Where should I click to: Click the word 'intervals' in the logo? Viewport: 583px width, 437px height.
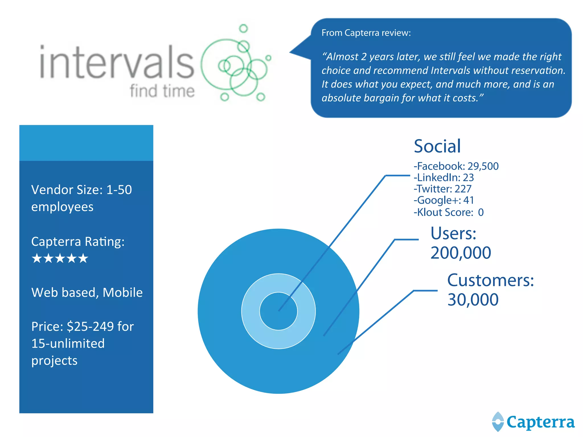click(117, 62)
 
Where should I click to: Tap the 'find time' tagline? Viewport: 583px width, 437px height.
click(162, 91)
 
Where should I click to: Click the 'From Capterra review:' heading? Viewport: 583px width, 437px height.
click(366, 33)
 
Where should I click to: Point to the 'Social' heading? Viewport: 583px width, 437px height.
click(437, 146)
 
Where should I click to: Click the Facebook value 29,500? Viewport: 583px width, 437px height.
click(483, 166)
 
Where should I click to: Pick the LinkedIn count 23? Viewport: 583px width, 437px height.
click(468, 178)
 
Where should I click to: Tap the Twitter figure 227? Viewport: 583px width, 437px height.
click(463, 189)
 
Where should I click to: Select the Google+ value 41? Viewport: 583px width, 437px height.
click(468, 200)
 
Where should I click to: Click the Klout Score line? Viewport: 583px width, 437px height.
click(448, 212)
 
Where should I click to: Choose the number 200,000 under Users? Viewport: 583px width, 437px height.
click(461, 253)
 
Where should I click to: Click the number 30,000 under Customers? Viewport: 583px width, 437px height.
click(473, 300)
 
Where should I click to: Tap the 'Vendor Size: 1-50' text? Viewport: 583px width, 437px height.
click(81, 190)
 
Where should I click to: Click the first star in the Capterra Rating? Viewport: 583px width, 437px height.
click(37, 258)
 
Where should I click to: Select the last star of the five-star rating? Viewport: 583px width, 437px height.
click(83, 258)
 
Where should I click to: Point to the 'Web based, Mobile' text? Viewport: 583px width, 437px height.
click(87, 292)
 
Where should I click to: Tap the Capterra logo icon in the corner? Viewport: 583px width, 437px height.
click(498, 422)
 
